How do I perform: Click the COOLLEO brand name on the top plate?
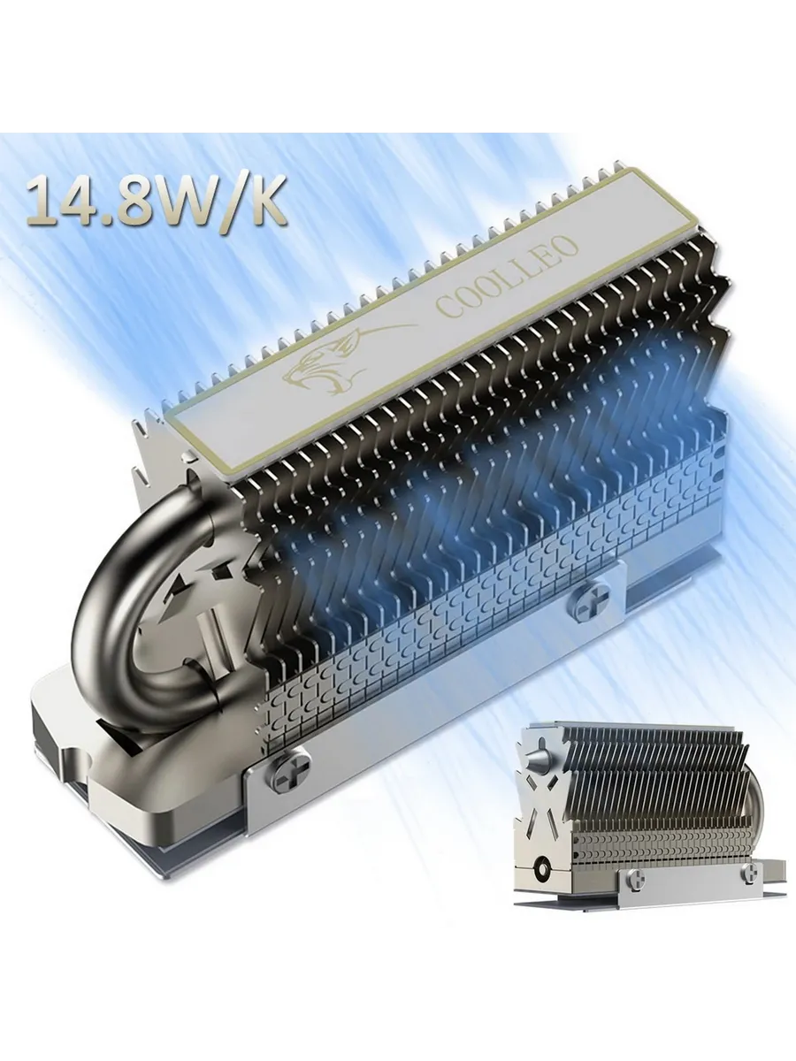click(508, 277)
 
